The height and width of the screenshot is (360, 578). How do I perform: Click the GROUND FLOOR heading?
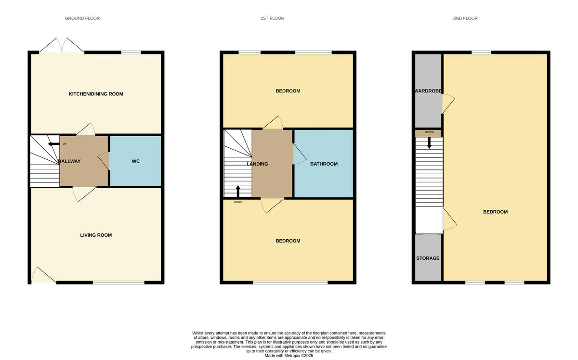[x=82, y=18]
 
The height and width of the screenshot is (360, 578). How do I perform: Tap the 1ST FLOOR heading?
[x=273, y=18]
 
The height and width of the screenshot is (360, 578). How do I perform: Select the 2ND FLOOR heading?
[x=465, y=18]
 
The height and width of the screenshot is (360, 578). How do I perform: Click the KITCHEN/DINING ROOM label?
[x=96, y=94]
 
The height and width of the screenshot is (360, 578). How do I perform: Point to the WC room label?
[x=136, y=161]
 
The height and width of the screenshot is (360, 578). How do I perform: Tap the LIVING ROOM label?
[x=96, y=235]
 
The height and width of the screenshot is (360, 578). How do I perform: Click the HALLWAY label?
[x=69, y=161]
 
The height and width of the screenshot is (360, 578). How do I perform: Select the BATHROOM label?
[x=324, y=164]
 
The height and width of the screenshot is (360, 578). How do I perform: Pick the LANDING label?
[x=257, y=164]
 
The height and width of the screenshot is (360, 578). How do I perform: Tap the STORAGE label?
[x=428, y=258]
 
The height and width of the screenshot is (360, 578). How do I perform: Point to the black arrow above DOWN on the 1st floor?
[x=238, y=191]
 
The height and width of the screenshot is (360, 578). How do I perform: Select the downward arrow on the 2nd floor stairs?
[x=429, y=142]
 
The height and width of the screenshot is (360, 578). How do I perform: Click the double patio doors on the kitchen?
[x=62, y=45]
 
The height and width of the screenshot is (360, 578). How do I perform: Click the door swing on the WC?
[x=103, y=161]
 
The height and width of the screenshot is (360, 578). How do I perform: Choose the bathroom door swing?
[x=299, y=155]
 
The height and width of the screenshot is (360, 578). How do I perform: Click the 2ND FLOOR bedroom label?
[x=495, y=212]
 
